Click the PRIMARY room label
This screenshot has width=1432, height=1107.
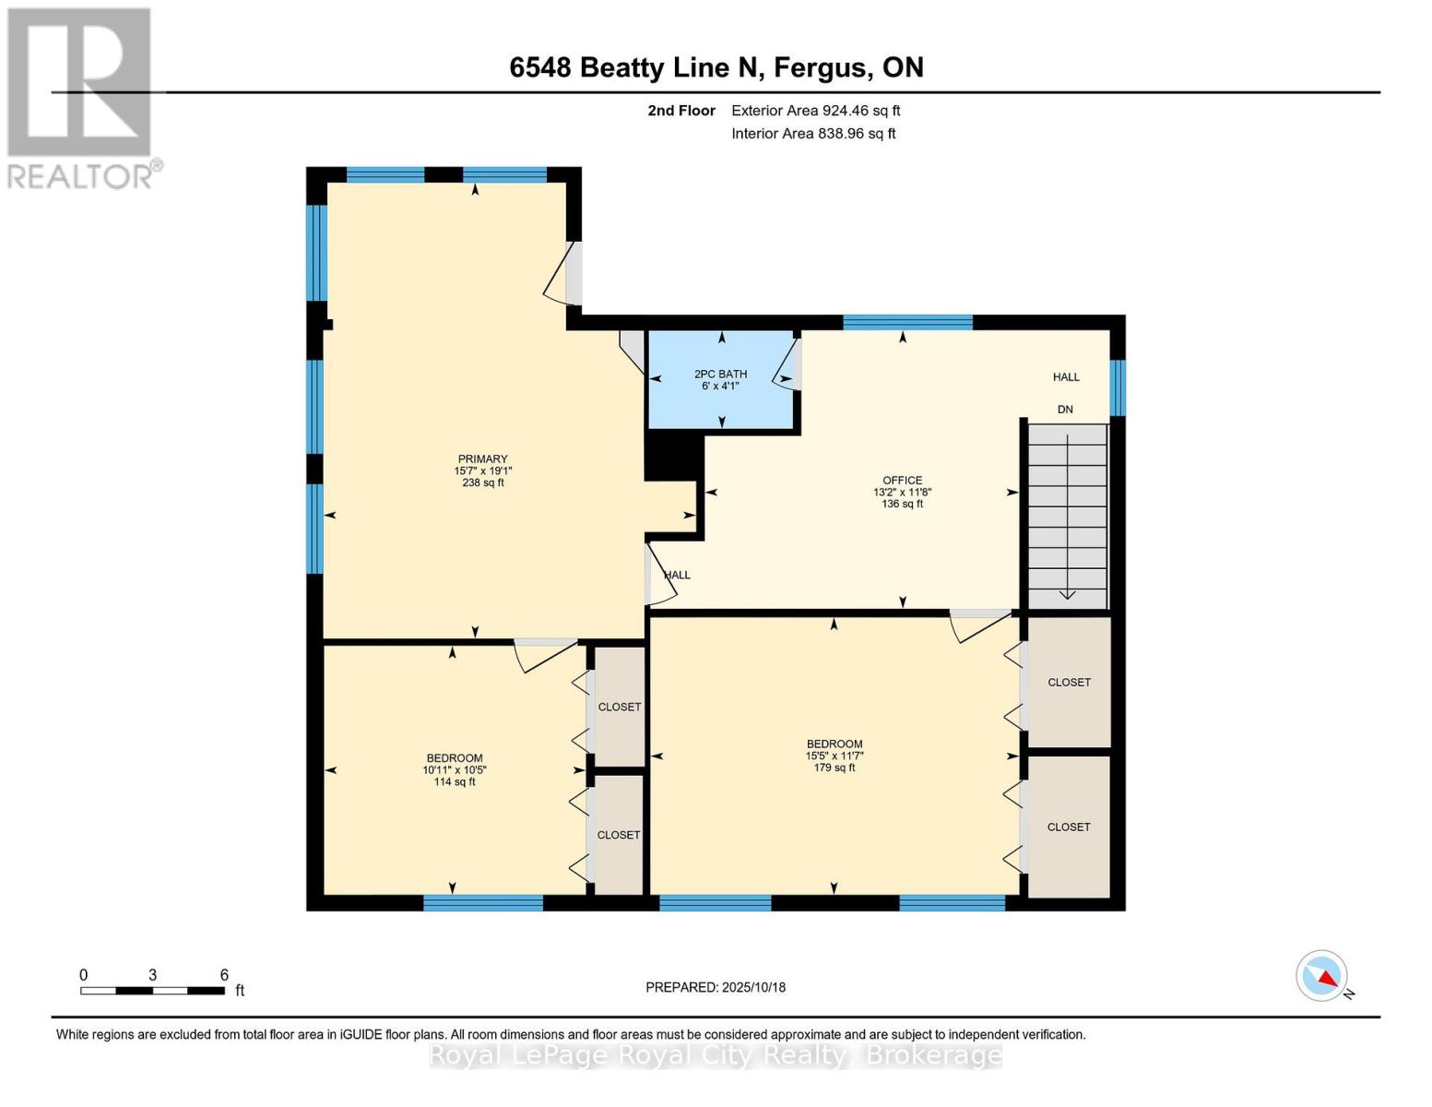point(482,470)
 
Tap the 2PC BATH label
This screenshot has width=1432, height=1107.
point(720,379)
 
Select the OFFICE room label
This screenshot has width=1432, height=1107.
point(902,492)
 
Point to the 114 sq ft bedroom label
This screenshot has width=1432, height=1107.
point(454,769)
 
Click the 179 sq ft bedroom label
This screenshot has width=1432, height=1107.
point(834,756)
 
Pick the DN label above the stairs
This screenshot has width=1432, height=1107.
point(1065,410)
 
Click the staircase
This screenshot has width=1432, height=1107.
point(1067,517)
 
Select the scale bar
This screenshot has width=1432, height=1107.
point(152,991)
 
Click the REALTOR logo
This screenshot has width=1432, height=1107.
point(81,98)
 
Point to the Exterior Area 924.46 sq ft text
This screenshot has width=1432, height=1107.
point(815,111)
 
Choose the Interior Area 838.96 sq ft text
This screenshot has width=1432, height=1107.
point(813,134)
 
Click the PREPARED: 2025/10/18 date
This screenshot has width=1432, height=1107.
point(716,987)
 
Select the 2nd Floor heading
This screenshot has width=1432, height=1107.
point(680,111)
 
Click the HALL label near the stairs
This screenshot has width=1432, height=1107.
point(1066,376)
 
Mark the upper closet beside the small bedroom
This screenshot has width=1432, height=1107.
point(619,707)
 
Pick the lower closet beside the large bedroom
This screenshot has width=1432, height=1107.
point(1069,827)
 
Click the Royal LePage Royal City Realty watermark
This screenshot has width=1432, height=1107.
point(716,1055)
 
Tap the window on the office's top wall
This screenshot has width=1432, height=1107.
point(907,322)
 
